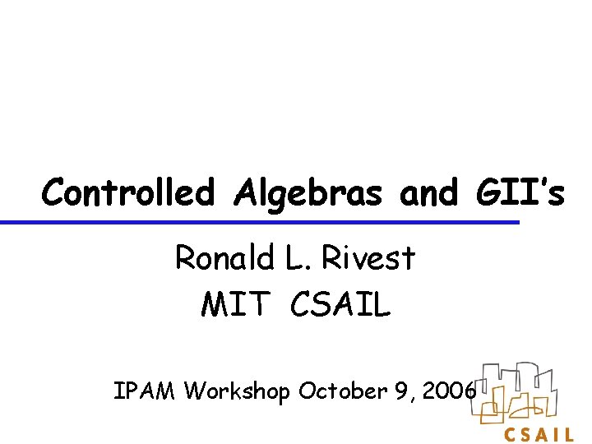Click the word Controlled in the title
127,193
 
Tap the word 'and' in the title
428,193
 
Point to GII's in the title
517,193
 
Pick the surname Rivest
368,258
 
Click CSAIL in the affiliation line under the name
340,305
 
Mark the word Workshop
238,392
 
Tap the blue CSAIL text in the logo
539,433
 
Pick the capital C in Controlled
54,193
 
